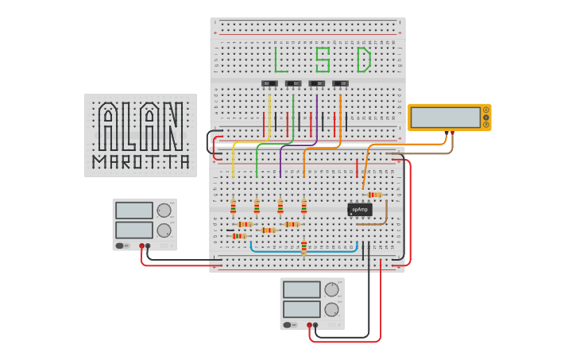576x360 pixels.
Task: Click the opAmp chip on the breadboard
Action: coord(360,210)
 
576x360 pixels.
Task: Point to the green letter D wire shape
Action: coord(364,60)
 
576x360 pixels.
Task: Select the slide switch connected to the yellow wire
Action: coord(270,83)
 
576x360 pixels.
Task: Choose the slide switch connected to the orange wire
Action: coord(341,83)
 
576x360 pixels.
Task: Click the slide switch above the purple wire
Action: coord(317,83)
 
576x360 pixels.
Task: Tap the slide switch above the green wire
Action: coord(293,83)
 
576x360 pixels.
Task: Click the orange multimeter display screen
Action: coord(446,118)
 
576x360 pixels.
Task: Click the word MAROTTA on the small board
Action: coord(141,163)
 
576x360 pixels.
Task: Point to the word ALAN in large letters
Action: coord(141,126)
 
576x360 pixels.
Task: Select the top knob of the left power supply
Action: coord(164,211)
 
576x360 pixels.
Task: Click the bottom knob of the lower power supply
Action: coord(331,309)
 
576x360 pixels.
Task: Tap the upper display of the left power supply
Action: coord(134,211)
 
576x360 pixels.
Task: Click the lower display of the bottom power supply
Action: coord(302,309)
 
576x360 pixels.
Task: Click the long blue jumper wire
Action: coord(278,252)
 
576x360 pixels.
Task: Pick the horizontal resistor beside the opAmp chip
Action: coord(373,195)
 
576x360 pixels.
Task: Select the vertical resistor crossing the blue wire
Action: coord(303,249)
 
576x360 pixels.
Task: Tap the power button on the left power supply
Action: coord(120,246)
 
